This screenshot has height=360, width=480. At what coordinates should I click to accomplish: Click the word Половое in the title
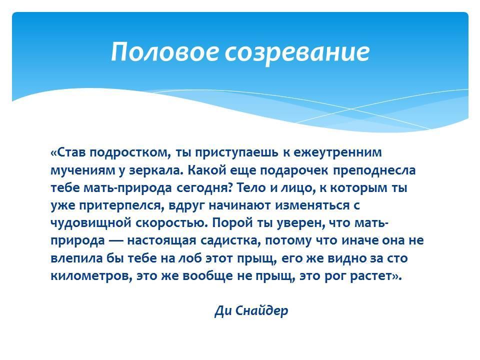(x=164, y=51)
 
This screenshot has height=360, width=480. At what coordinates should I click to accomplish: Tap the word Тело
(x=251, y=187)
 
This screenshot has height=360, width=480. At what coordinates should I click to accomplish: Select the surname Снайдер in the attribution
(x=261, y=311)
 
